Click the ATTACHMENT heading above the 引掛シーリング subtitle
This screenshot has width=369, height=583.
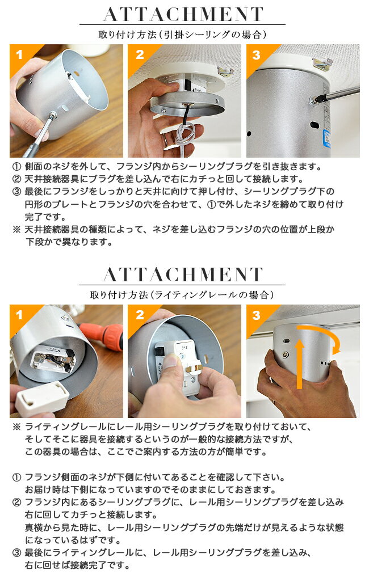(183, 15)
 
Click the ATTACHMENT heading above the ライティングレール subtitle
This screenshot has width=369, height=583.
(183, 274)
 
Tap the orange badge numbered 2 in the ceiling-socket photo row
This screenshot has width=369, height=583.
(140, 54)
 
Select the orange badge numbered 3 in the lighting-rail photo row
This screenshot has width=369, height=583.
(256, 315)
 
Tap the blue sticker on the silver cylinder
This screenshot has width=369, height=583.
(327, 138)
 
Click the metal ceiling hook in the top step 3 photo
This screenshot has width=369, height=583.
(322, 64)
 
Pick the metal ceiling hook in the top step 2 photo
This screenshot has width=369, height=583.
(225, 70)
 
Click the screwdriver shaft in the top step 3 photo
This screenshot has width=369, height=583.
(339, 94)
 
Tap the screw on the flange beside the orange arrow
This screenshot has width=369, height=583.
(285, 354)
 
